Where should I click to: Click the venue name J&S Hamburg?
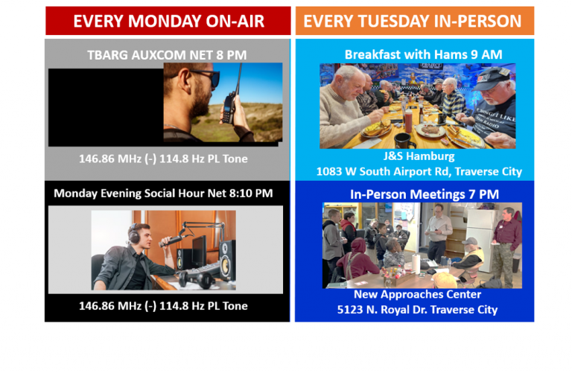(419, 157)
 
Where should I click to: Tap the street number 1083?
(331, 172)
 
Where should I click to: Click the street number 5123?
(352, 309)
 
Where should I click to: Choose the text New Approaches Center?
(418, 294)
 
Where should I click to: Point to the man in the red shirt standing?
(508, 238)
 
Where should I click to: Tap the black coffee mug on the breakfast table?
(404, 140)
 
